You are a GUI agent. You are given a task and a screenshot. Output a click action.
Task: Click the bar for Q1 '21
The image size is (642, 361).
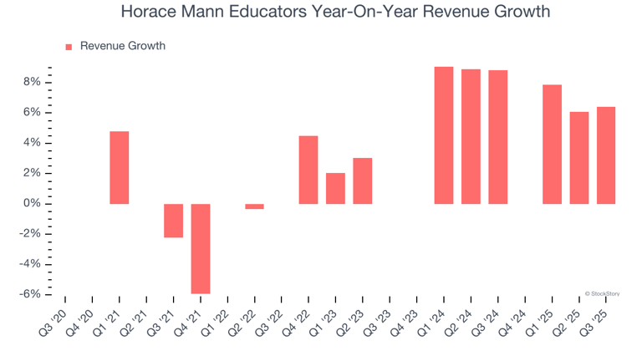[x=120, y=168]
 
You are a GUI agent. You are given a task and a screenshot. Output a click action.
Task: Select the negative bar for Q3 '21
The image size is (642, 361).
[x=173, y=221]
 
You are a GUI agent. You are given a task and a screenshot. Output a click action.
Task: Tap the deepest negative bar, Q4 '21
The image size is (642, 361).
[x=201, y=249]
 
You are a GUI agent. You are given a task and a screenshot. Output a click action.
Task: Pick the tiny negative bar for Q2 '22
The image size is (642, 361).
[x=254, y=206]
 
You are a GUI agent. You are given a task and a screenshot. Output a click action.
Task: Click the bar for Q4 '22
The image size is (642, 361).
[x=308, y=170]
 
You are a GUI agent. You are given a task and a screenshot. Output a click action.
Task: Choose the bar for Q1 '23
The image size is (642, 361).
[x=335, y=189]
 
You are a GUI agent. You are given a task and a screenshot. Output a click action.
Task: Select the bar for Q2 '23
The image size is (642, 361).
[x=362, y=180]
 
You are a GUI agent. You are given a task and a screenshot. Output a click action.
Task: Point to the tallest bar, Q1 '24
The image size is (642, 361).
[x=444, y=135]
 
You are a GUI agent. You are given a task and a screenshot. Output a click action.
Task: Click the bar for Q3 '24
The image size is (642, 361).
[x=498, y=137]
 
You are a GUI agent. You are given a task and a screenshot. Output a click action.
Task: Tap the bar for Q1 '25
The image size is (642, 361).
[x=552, y=145]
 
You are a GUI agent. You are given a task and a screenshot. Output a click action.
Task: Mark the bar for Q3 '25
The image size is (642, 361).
[x=606, y=155]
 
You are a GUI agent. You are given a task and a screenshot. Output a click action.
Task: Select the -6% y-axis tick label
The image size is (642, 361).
[x=30, y=295]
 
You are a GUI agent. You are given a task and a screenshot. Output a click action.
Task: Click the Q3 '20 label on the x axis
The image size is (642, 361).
[x=53, y=320]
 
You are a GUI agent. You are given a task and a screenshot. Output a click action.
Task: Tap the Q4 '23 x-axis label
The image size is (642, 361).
[x=405, y=320]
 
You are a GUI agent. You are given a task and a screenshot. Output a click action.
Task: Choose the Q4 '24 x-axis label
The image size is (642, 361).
[x=512, y=320]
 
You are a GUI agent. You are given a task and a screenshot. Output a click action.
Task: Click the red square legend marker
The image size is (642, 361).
[x=69, y=47]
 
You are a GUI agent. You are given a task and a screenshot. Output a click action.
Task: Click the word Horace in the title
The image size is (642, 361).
[x=147, y=13]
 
